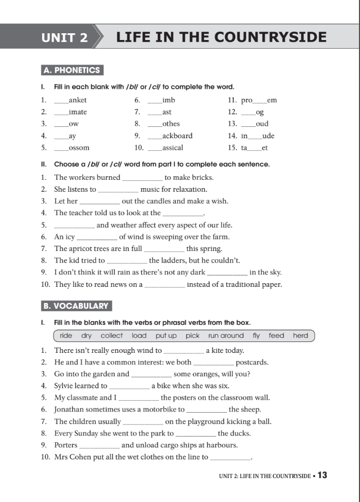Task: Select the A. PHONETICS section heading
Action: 72,70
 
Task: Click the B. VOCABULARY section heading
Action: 76,306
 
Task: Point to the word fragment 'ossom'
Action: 79,148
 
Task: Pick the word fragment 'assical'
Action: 172,148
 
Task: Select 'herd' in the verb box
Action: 300,336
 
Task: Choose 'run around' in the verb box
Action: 226,336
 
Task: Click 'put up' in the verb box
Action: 166,336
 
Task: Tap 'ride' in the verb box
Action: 66,336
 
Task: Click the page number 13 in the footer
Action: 322,475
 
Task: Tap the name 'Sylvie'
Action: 64,386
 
